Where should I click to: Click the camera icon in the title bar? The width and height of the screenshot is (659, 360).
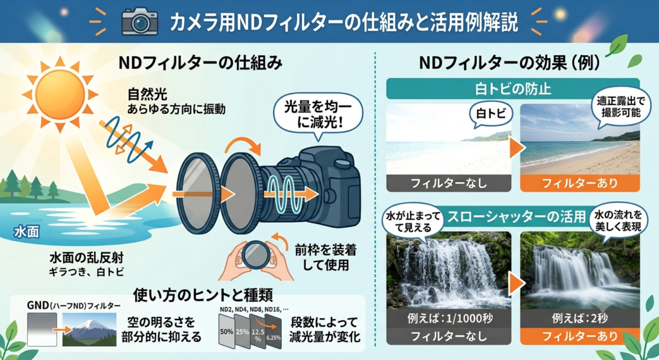[x=140, y=21]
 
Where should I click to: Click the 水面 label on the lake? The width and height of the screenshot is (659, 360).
[x=26, y=232]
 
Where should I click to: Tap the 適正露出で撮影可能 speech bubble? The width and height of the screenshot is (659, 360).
[x=620, y=108]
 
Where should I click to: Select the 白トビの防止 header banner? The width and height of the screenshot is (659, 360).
[x=513, y=89]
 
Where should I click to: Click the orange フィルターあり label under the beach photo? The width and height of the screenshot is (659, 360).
[x=580, y=183]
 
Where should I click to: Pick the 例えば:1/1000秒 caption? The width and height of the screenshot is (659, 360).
[x=449, y=318]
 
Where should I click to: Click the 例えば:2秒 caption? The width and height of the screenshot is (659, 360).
[x=580, y=318]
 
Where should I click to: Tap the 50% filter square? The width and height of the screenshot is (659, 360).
[x=227, y=331]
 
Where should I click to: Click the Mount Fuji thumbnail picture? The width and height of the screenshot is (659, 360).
[x=89, y=329]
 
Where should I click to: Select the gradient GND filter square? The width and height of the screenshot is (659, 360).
[x=42, y=329]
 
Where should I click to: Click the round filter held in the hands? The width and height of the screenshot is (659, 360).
[x=256, y=254]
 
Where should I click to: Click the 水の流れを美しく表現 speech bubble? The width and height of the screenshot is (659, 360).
[x=618, y=222]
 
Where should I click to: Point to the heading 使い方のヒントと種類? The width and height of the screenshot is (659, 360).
[x=203, y=295]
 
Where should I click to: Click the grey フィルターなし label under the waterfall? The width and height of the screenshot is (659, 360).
[x=449, y=336]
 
